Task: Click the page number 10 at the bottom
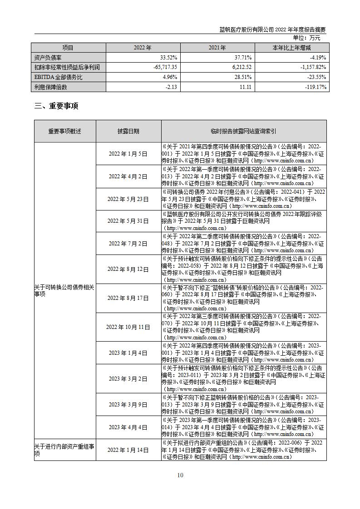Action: click(180, 475)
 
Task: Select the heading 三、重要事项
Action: click(56, 106)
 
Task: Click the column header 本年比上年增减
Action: click(292, 48)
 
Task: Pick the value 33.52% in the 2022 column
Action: click(168, 58)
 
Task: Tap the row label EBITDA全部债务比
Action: click(56, 77)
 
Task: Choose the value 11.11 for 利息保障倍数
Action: click(246, 87)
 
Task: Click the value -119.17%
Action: click(314, 87)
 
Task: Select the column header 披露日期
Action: click(128, 131)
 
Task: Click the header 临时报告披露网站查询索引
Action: click(244, 131)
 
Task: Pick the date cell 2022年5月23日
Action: click(128, 199)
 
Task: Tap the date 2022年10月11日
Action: click(128, 327)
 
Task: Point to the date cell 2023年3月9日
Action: click(128, 404)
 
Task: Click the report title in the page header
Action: click(272, 29)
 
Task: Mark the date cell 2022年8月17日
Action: click(128, 298)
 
